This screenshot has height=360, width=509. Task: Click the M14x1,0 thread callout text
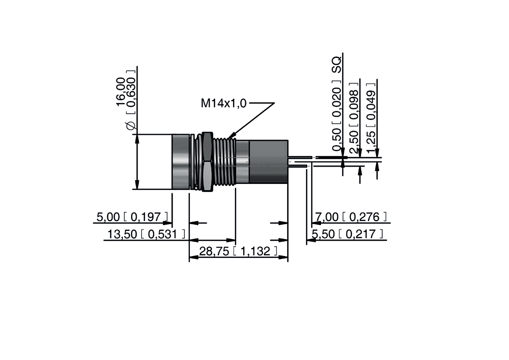point(223,103)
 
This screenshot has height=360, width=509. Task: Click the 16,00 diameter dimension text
point(121,91)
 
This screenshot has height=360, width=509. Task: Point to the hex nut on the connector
point(205,162)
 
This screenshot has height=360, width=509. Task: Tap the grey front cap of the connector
point(181,162)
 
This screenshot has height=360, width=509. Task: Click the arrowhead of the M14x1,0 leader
point(230,136)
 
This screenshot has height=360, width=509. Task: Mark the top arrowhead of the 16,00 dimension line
point(137,139)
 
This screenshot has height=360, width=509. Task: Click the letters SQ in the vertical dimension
point(336,64)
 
